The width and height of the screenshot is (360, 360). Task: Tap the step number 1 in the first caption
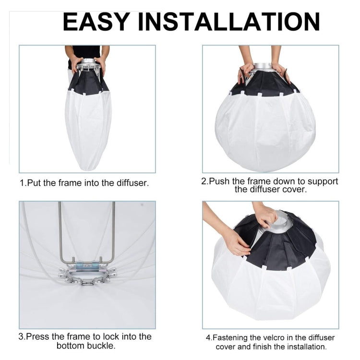(x=22, y=183)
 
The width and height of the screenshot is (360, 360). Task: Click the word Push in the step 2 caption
(x=220, y=181)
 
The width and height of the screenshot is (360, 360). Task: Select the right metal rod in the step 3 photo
(x=114, y=230)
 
